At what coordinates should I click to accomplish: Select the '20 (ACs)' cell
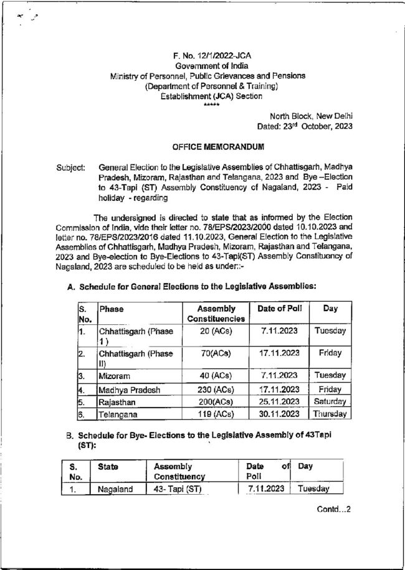click(216, 331)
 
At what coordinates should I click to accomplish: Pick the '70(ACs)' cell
click(216, 353)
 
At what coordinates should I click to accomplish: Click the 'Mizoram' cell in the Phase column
click(113, 376)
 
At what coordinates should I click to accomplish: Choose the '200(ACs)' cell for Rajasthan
click(216, 401)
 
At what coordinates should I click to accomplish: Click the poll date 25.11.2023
click(279, 401)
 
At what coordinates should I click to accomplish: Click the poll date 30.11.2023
click(279, 413)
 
